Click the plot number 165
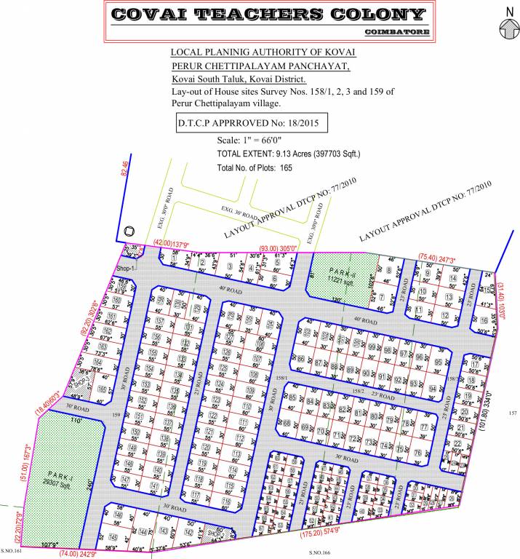click(x=103, y=390)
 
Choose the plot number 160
click(x=116, y=300)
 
